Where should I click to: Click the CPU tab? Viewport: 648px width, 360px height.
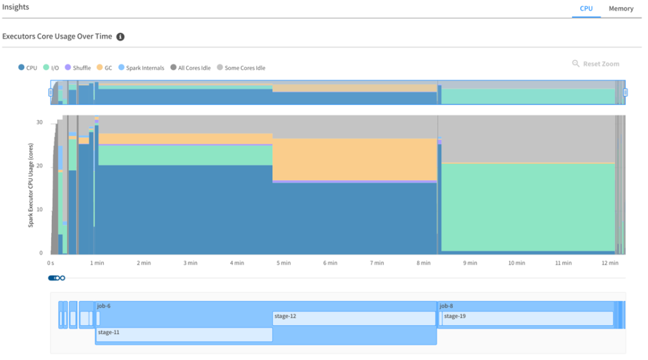click(586, 9)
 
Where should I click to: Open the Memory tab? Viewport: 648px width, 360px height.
click(621, 9)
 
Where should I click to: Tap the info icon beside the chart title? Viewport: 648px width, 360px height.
click(120, 37)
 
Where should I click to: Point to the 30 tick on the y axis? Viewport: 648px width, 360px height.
click(39, 123)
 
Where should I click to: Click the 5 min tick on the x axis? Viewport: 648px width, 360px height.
click(282, 263)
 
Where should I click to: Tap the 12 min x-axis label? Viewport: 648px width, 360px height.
click(609, 263)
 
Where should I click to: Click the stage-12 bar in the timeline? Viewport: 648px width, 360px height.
click(354, 318)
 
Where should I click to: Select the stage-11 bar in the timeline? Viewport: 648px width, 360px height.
click(184, 334)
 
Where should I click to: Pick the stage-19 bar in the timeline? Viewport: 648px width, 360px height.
click(527, 318)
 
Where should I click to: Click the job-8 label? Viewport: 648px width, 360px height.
click(446, 306)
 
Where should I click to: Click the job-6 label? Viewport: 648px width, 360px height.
click(104, 306)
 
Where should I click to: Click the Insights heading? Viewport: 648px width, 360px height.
click(16, 7)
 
